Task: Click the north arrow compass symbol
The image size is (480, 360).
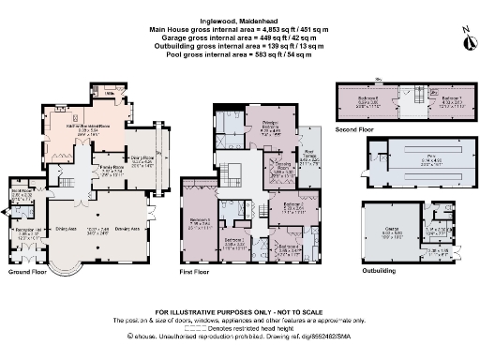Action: [464, 38]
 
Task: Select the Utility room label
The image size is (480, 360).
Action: [110, 94]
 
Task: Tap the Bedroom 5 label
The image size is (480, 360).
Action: [200, 222]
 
